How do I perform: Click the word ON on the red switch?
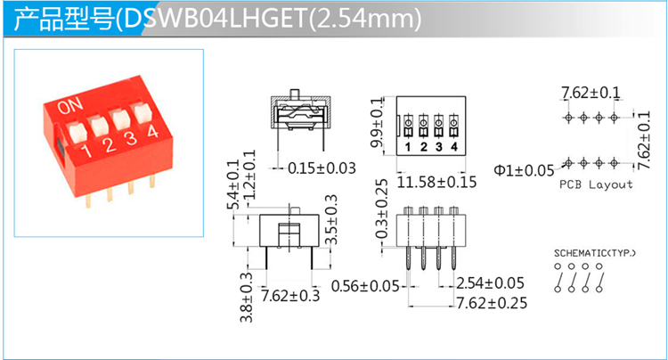[70, 106]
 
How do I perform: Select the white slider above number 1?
[77, 132]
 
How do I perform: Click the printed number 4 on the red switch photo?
[152, 131]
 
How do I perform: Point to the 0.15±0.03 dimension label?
[322, 168]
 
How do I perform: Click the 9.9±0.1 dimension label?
[377, 123]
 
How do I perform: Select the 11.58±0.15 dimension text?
[436, 183]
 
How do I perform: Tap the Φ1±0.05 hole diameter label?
[524, 170]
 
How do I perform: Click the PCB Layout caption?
[596, 184]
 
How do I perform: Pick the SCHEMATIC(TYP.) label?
[595, 253]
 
